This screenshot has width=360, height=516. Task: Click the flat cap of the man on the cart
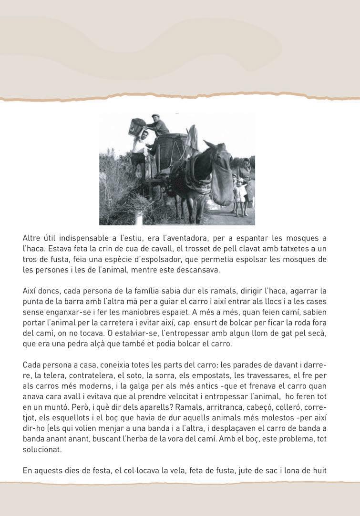coord(155,116)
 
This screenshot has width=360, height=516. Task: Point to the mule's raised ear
coord(208,144)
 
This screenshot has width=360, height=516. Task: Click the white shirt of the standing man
coord(139,144)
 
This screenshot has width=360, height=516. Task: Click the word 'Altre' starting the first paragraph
coord(31,238)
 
